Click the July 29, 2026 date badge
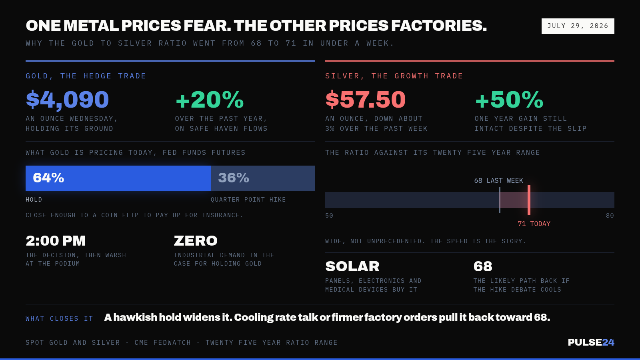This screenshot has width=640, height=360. coord(578,26)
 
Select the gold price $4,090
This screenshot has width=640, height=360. coord(68,100)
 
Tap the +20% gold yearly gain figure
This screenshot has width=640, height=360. coord(210,100)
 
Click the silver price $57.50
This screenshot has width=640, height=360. coord(366,100)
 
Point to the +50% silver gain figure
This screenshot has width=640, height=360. coord(509,100)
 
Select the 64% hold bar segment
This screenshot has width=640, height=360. coord(118,178)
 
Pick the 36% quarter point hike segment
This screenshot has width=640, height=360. coord(262,178)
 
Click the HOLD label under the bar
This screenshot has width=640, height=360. coord(34,200)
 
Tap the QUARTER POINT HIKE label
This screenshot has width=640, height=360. coord(248,200)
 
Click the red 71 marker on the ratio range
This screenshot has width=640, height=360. coord(529,200)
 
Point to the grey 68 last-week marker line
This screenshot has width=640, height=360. coord(500,200)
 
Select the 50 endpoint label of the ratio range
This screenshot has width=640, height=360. coord(329,216)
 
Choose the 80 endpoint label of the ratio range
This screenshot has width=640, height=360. coord(610,216)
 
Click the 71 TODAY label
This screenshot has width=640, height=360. coord(534,224)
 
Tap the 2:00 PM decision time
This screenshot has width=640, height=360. coord(56,240)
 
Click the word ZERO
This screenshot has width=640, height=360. coord(196,240)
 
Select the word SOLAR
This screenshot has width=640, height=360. coord(352,266)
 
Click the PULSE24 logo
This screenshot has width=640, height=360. coord(591,342)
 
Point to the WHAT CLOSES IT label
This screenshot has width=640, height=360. coord(60,318)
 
